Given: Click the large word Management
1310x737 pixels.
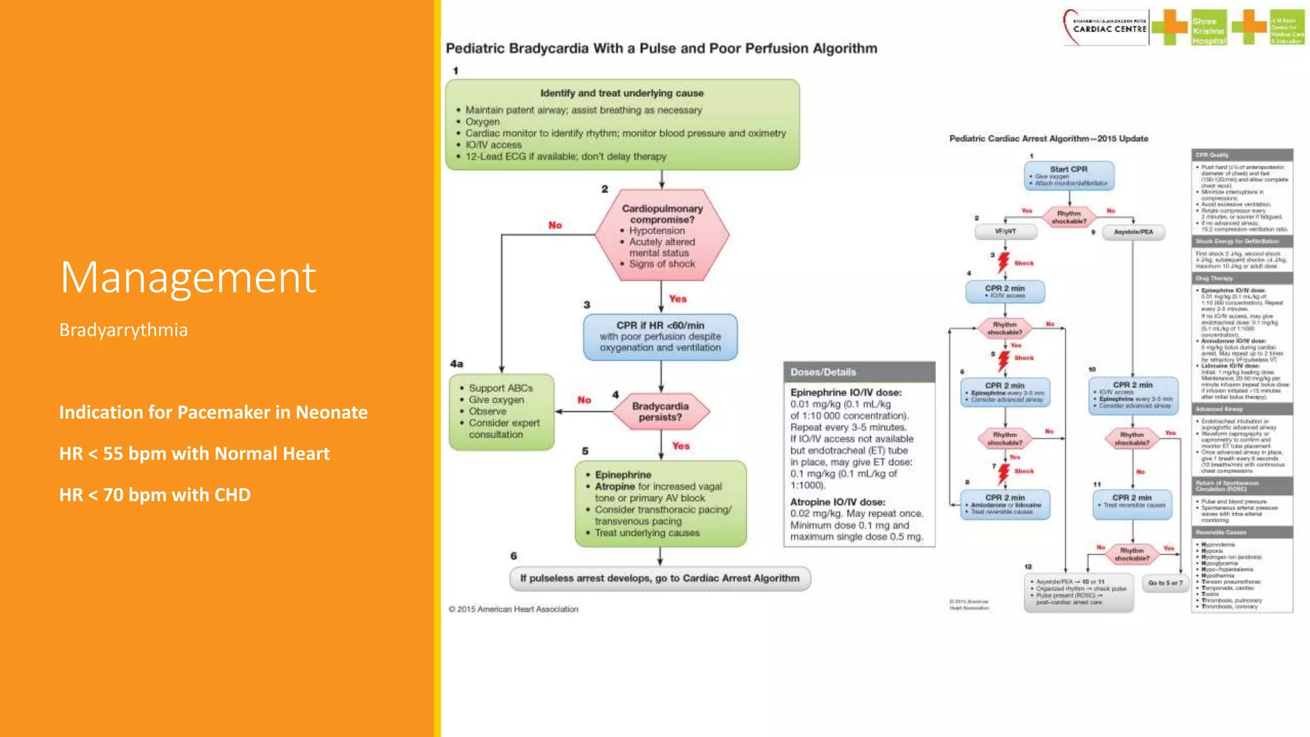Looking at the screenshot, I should (x=188, y=278).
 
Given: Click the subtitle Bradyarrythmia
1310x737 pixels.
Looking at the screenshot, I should (x=123, y=330).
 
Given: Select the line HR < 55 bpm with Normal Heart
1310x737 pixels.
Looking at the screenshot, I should (x=194, y=454).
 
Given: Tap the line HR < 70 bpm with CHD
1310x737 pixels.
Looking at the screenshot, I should (x=155, y=495).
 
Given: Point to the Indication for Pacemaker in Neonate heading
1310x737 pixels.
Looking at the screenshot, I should (x=213, y=412).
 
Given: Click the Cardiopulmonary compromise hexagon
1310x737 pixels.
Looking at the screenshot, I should (x=661, y=235).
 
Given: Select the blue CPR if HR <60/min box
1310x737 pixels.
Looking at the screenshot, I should (x=660, y=337).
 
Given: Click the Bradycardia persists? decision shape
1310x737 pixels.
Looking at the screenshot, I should (x=660, y=411).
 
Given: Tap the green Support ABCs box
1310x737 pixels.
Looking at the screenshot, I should (x=501, y=411).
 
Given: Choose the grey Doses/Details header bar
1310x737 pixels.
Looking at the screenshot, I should (x=859, y=372).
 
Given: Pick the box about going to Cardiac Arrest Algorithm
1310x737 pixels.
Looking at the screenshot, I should (x=659, y=578).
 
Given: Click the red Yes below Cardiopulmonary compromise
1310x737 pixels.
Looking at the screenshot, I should (x=677, y=299).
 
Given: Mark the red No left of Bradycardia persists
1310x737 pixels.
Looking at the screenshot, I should (x=584, y=400).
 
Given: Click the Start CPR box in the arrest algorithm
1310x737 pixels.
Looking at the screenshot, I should (x=1069, y=175).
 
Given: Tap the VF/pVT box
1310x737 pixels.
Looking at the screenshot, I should (x=1005, y=232).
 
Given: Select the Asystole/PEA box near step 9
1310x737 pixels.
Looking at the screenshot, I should (x=1133, y=232).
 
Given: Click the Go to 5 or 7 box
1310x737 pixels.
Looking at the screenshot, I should (x=1165, y=583).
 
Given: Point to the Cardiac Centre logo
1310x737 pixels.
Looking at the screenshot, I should (x=1107, y=27).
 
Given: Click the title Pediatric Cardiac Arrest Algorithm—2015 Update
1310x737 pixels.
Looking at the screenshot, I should (x=1048, y=139).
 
